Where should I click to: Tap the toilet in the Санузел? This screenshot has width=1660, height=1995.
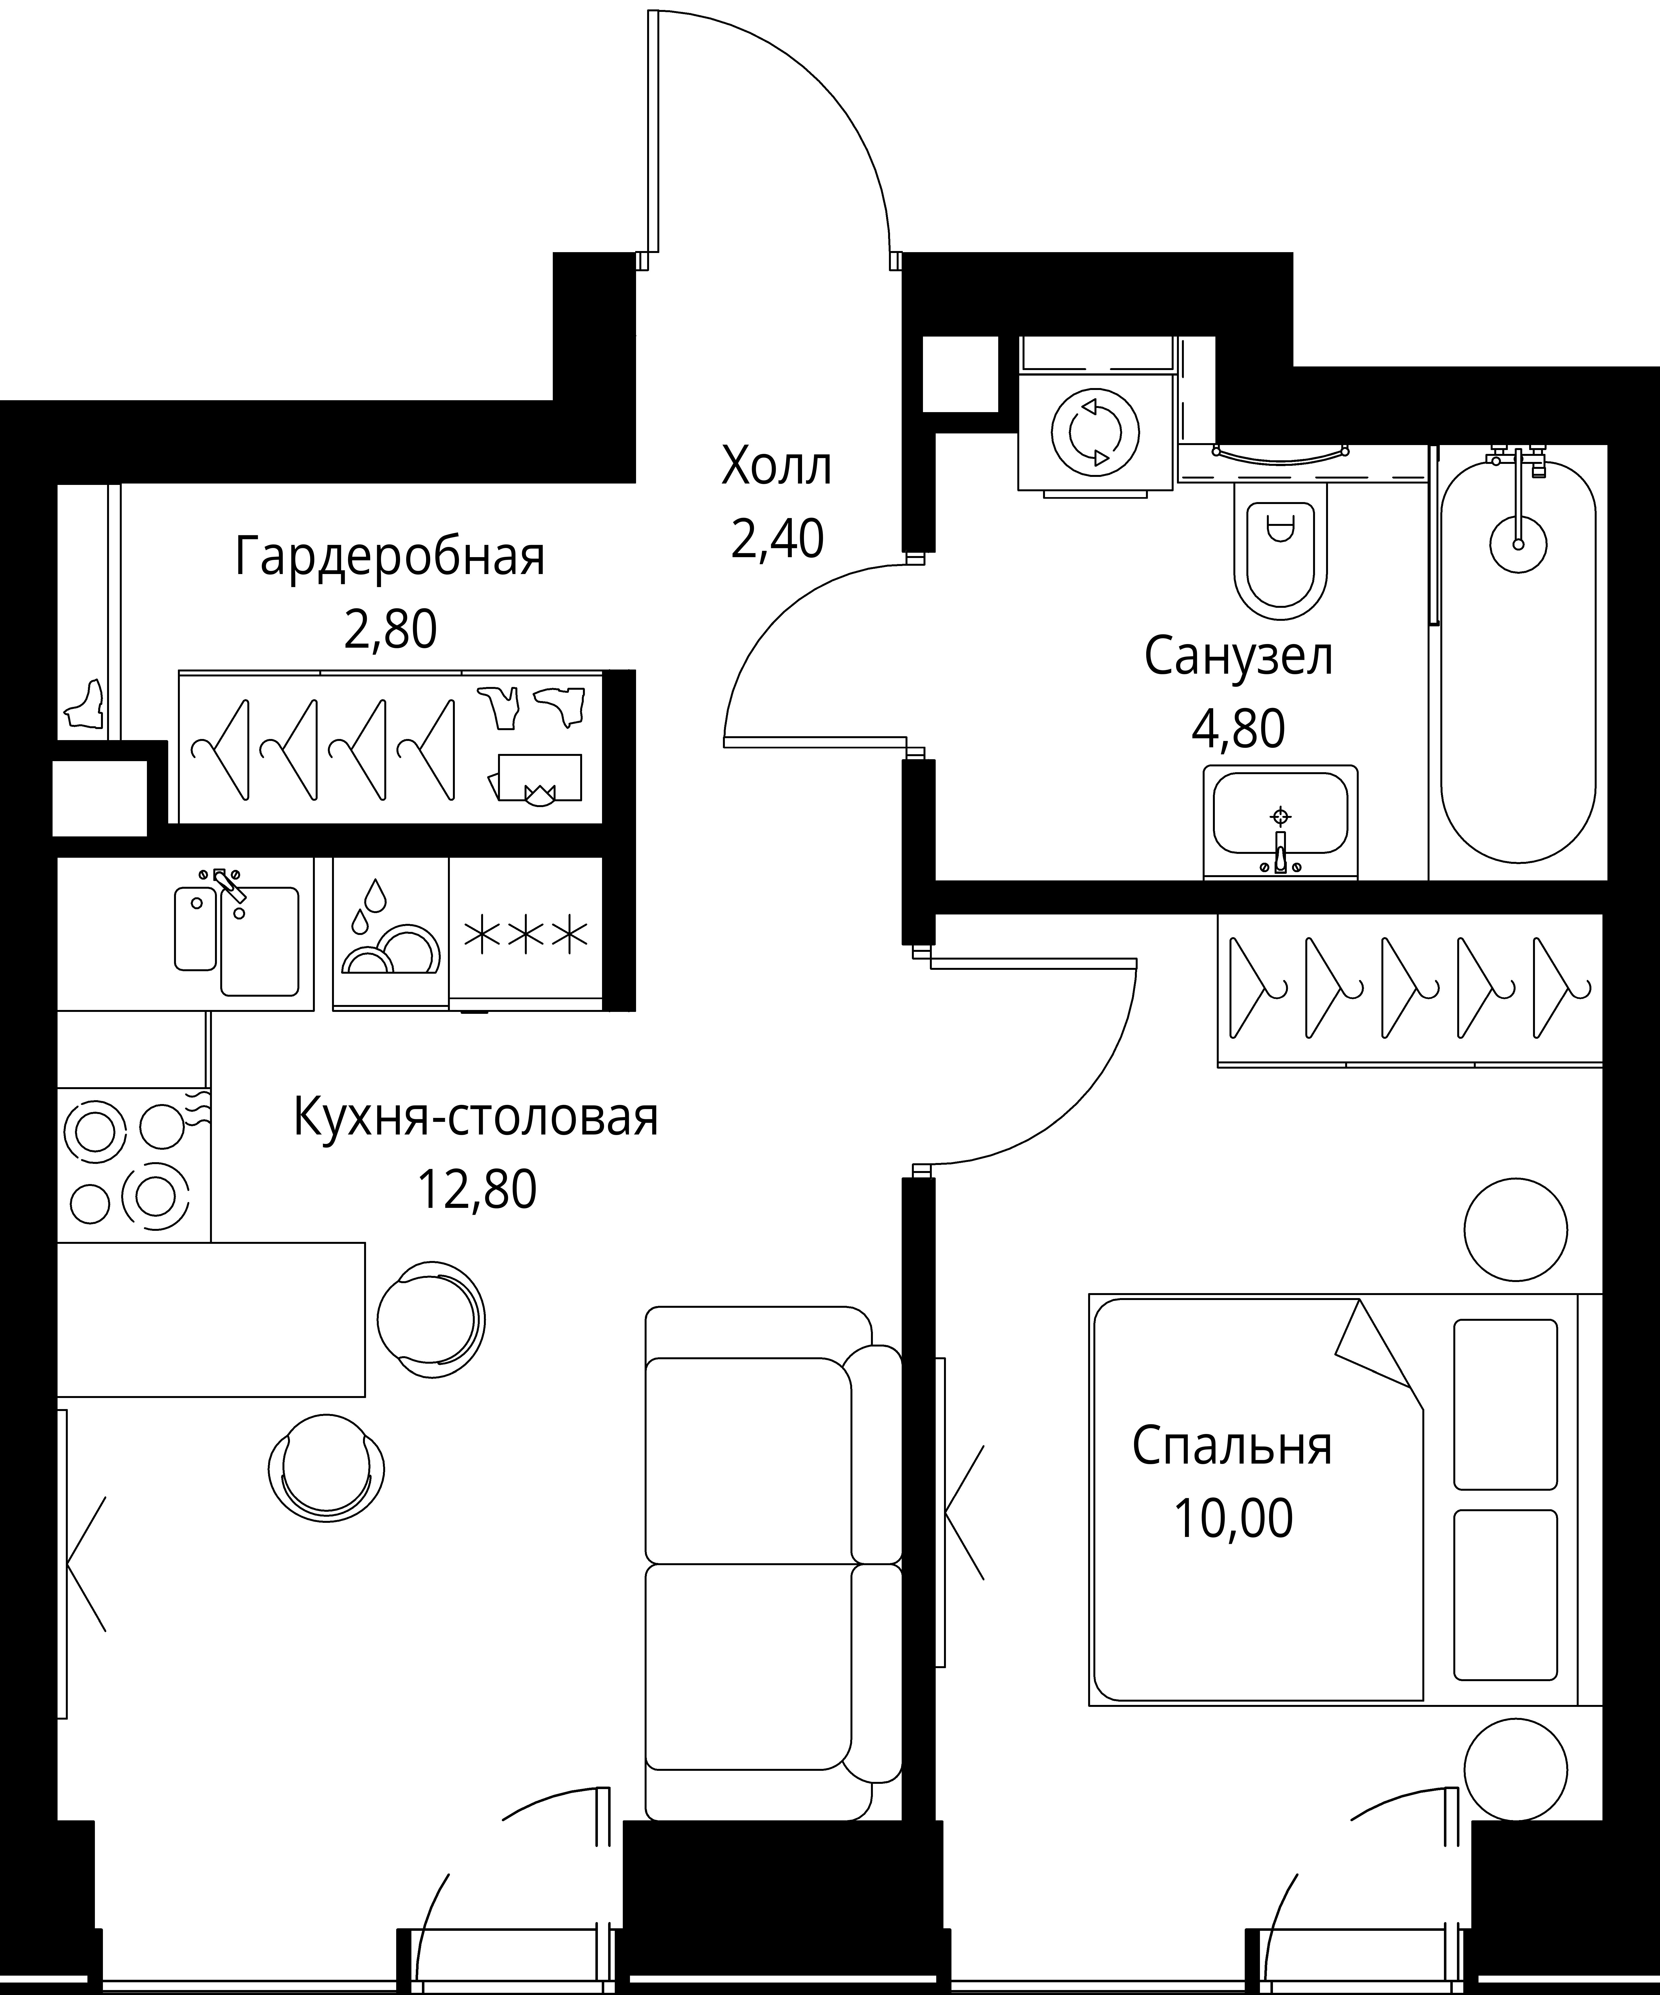[x=1280, y=551]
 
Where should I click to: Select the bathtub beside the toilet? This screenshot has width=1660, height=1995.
[x=1518, y=665]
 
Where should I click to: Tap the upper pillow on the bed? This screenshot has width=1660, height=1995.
[x=1505, y=1404]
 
